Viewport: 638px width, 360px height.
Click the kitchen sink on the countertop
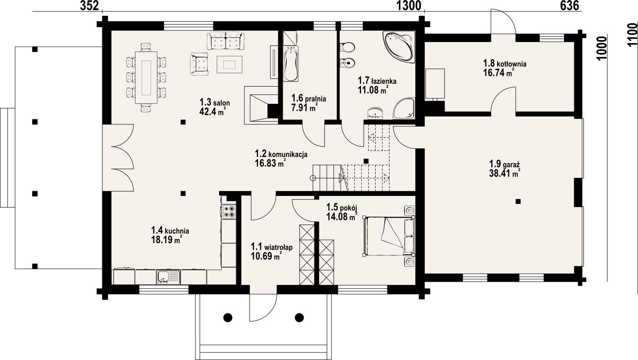(168, 277)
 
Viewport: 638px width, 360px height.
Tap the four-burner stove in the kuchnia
(229, 212)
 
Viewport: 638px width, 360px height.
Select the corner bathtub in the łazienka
(398, 46)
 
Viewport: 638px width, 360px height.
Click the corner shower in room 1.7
(404, 109)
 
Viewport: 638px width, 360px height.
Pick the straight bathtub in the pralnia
(291, 64)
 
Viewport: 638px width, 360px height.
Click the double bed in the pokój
(389, 236)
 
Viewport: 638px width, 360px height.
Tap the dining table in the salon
(146, 78)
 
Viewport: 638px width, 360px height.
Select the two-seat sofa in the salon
(225, 41)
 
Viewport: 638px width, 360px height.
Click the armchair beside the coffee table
(199, 64)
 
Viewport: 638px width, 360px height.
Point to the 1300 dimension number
(409, 6)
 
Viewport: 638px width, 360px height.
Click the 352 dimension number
(89, 6)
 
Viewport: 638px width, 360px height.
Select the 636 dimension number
(570, 6)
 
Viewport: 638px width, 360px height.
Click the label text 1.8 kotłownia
(505, 63)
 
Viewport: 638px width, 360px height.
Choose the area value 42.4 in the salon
(208, 111)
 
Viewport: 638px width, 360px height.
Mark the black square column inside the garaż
(518, 201)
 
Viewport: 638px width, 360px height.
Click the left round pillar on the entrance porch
(228, 317)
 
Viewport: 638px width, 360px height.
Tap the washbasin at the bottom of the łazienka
(376, 113)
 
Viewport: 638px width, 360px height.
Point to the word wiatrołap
(278, 247)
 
